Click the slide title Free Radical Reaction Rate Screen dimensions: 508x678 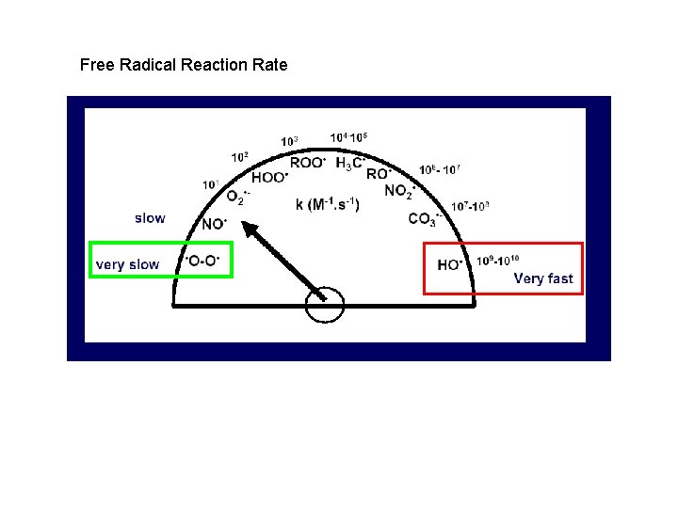[184, 65]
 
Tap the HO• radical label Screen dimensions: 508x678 [450, 265]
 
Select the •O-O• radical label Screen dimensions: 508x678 [204, 261]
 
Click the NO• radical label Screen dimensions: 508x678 [215, 224]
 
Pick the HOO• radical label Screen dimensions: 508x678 [270, 178]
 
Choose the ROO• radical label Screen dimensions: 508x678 [308, 162]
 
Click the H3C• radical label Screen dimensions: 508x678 [350, 163]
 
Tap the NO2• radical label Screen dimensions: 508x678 [400, 191]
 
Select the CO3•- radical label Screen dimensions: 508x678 [425, 219]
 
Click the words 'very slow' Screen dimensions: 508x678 [127, 264]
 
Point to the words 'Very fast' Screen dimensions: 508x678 [543, 278]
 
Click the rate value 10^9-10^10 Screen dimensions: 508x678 [498, 261]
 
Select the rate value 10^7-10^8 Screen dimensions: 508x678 [470, 206]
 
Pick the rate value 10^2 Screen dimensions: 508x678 [240, 157]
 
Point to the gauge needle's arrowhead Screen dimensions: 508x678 [244, 227]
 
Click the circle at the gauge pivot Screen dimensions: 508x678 [325, 303]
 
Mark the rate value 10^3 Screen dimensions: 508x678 [290, 142]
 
